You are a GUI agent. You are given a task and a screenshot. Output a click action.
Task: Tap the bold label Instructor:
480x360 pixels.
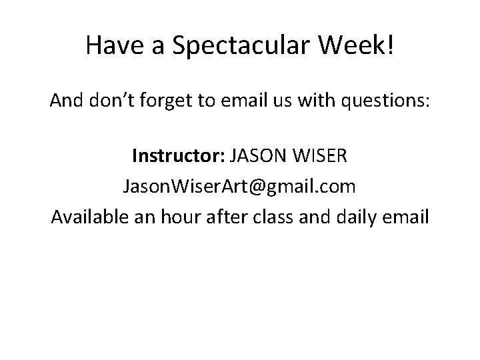click(178, 158)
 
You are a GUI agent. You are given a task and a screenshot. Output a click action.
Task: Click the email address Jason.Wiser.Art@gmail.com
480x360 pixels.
click(239, 187)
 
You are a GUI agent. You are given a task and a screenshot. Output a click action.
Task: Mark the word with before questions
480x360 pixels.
click(319, 102)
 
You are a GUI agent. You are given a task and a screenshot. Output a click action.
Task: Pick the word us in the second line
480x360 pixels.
click(285, 102)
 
